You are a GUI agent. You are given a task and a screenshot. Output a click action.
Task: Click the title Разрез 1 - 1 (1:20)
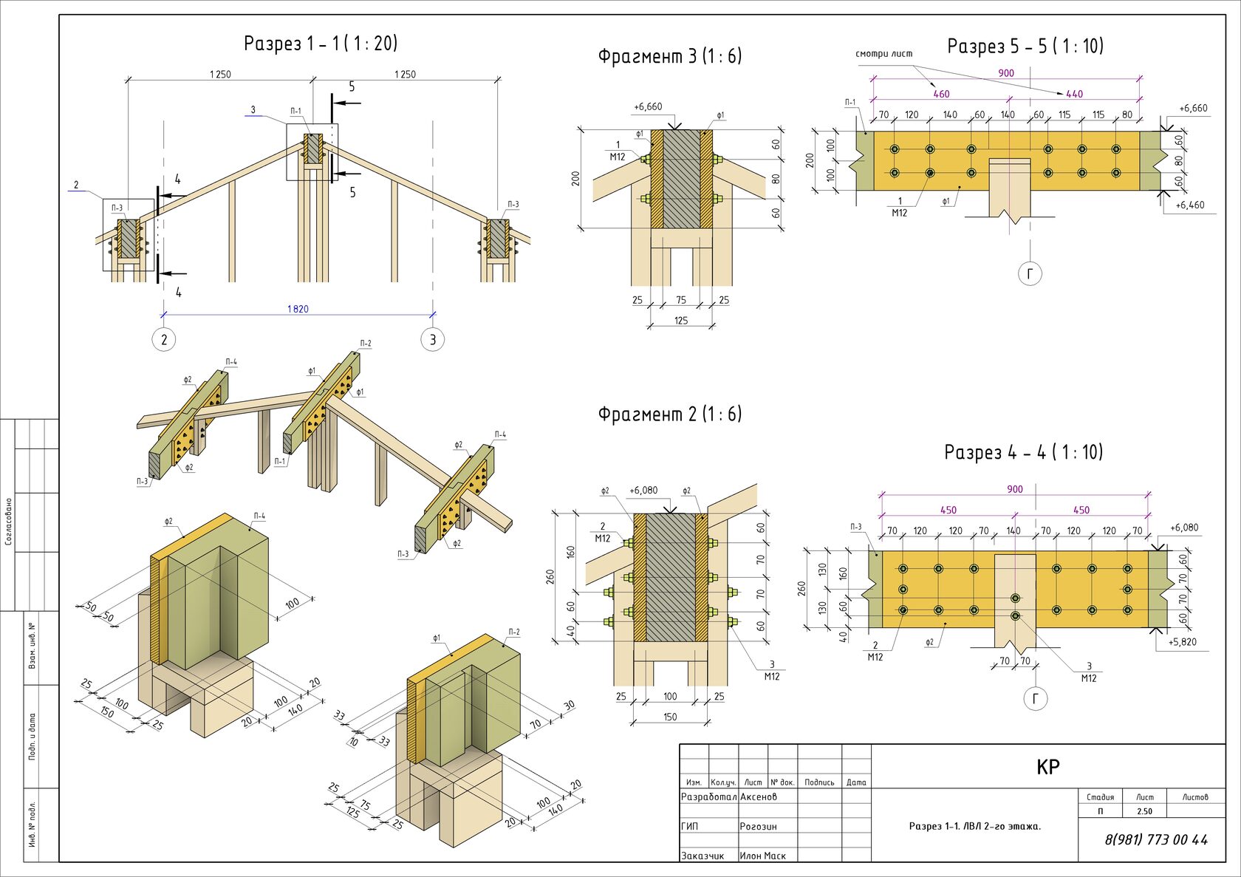click(x=321, y=44)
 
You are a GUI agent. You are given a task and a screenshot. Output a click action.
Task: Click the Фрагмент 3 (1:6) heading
click(x=669, y=57)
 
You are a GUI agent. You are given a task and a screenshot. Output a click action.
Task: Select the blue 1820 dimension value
click(x=298, y=309)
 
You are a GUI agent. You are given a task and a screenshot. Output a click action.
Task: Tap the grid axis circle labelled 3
click(x=433, y=340)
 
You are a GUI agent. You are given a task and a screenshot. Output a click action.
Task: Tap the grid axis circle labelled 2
click(x=164, y=340)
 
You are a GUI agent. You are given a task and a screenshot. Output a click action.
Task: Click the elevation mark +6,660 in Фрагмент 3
click(x=648, y=107)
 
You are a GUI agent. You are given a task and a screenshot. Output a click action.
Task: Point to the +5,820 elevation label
click(x=1182, y=642)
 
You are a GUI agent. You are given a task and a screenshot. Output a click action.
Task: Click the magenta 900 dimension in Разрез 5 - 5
click(x=1006, y=73)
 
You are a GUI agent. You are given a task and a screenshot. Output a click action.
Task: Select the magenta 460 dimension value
click(x=941, y=94)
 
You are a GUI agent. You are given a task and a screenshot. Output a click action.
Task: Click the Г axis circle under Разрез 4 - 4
click(x=1036, y=699)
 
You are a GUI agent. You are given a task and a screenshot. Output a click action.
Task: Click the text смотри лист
click(x=883, y=54)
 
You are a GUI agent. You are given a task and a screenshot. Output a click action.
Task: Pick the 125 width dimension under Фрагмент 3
click(x=681, y=321)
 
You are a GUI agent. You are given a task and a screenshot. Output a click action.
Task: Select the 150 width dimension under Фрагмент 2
click(x=670, y=717)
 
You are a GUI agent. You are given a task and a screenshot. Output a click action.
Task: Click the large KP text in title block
click(x=1048, y=767)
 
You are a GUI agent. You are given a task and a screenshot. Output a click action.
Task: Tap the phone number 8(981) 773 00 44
click(x=1156, y=840)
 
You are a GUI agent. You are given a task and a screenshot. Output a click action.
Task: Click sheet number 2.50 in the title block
click(x=1144, y=811)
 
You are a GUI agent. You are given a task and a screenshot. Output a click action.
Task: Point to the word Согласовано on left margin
click(x=9, y=522)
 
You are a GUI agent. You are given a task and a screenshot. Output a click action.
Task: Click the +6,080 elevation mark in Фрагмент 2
click(x=643, y=491)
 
